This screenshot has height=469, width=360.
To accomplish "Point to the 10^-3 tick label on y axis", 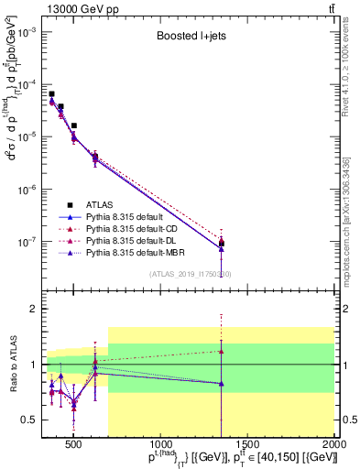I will [x=27, y=31].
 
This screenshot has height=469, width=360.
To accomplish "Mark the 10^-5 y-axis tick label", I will [x=27, y=137].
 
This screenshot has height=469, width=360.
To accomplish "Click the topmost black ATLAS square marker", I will [x=52, y=93].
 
